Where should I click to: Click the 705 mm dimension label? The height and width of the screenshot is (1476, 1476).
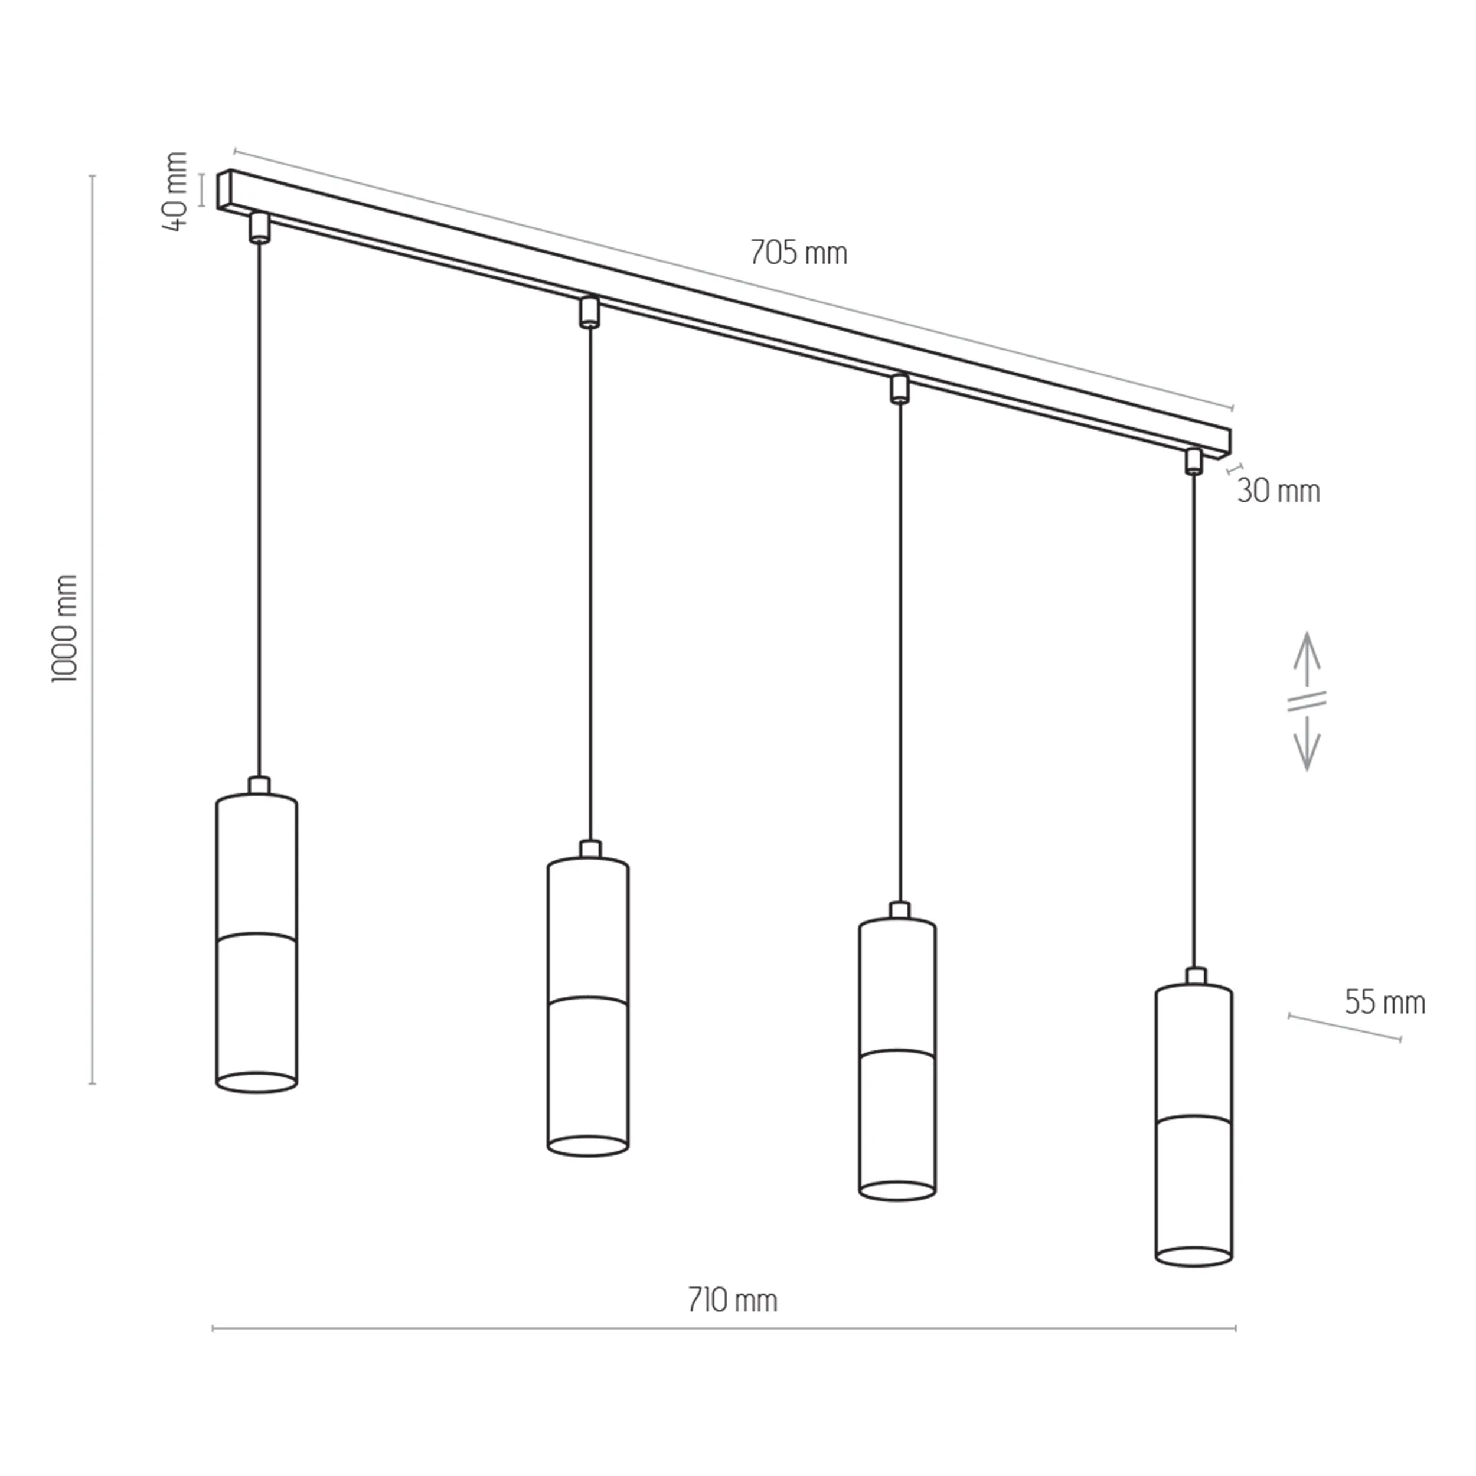point(798,252)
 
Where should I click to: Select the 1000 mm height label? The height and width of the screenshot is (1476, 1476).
point(65,628)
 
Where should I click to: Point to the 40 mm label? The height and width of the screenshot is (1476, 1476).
point(176,191)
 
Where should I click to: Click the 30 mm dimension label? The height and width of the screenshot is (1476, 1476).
point(1278,491)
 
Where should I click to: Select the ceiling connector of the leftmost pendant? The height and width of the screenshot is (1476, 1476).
point(260,228)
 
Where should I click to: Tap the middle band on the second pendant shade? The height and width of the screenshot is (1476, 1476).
point(588,1001)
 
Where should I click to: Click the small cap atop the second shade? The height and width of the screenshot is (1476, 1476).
point(590,849)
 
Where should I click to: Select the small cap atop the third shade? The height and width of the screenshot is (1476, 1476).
point(900,910)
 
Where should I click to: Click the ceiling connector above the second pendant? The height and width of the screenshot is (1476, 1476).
point(588,312)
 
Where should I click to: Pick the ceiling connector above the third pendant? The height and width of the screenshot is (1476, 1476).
point(899,388)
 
